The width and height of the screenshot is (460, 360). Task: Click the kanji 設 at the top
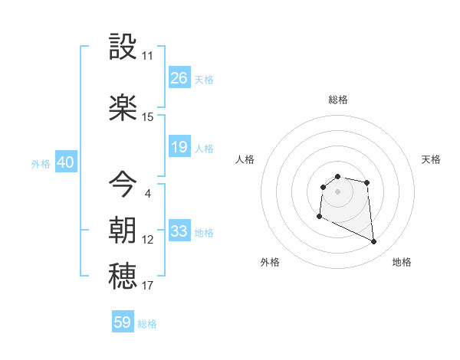click(x=124, y=47)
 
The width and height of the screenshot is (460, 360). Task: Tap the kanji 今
click(x=124, y=183)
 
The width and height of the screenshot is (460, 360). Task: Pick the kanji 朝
click(x=124, y=229)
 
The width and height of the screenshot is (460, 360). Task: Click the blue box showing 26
click(x=179, y=78)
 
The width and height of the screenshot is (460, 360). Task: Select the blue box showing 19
click(x=179, y=147)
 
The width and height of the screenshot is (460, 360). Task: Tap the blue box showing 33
click(x=179, y=231)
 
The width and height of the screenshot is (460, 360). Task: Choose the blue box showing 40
click(x=65, y=162)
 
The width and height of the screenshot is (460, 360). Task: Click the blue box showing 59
click(x=123, y=322)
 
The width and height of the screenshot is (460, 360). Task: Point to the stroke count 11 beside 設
click(x=147, y=56)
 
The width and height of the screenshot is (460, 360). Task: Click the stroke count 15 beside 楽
click(x=147, y=116)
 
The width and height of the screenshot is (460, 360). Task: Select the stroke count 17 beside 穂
click(x=147, y=286)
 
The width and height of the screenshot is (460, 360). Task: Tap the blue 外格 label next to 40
click(x=41, y=163)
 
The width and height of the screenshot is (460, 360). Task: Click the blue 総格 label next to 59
click(x=147, y=324)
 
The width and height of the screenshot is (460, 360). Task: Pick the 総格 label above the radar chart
click(x=337, y=100)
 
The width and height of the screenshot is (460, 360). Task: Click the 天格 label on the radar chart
click(x=431, y=159)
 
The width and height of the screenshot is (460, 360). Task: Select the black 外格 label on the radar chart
click(x=270, y=262)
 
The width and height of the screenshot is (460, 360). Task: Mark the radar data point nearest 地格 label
click(x=374, y=242)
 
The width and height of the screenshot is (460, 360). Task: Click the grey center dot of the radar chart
click(x=337, y=191)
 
